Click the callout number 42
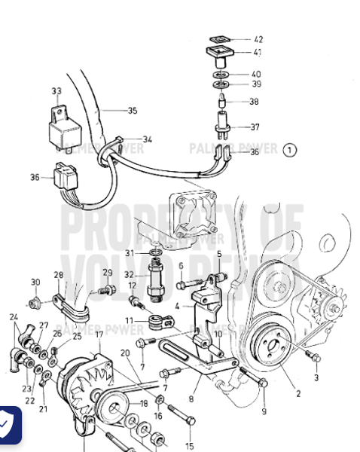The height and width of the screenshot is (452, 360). coord(258,39)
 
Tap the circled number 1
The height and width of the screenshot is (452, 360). coord(289,150)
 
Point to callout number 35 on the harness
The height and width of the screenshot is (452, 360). coord(132,111)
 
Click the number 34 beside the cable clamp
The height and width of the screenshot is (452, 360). coord(147,139)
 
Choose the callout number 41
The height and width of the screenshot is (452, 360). coord(258,53)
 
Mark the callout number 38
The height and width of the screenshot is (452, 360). coord(254,102)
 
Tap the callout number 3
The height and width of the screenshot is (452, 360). coord(316,378)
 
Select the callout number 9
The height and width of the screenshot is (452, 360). coord(264,411)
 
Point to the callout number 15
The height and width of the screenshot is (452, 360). coord(189,445)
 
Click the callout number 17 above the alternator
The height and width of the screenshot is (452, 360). coord(98,334)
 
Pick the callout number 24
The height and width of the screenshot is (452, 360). coord(14,317)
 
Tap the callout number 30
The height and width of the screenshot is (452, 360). coord(35,282)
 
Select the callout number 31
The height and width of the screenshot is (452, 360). coord(129,252)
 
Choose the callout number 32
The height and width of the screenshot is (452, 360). coord(129,276)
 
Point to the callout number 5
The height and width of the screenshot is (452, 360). coord(219,255)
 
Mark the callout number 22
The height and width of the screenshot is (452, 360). coord(29,401)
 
